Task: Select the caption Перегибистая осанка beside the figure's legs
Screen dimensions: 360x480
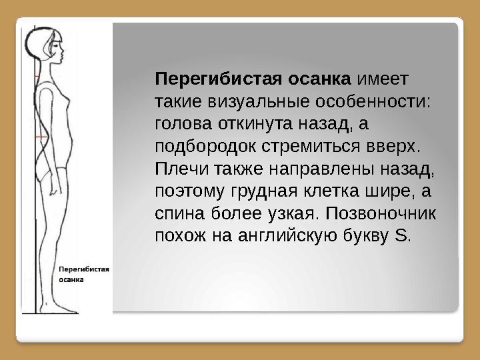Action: pos(85,275)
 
